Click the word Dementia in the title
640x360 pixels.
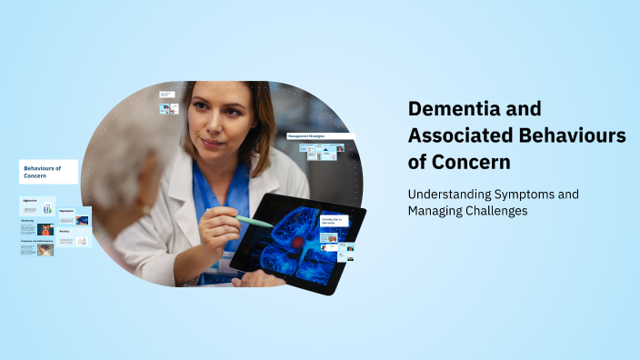point(449,109)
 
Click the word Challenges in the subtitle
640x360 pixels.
point(495,211)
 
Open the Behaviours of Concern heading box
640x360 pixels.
point(48,172)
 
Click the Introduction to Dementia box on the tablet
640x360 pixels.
point(334,221)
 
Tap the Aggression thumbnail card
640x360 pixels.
point(37,208)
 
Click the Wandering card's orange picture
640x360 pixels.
point(45,230)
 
